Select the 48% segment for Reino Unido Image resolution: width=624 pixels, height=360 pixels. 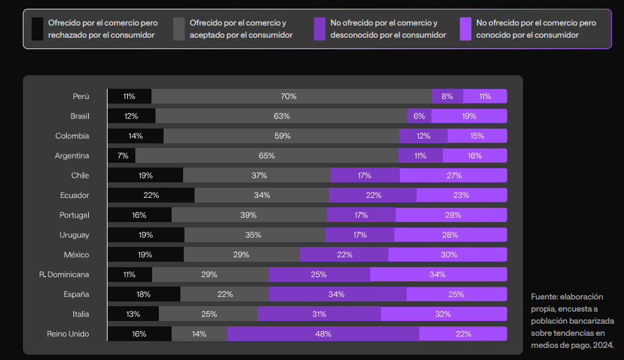(323, 334)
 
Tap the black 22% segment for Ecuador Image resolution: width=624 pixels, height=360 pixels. (151, 195)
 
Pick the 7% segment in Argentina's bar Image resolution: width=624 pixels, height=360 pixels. (122, 155)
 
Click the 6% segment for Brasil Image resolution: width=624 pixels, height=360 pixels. (419, 116)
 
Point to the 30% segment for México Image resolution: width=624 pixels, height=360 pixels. (448, 254)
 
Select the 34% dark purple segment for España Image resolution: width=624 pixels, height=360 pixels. (337, 294)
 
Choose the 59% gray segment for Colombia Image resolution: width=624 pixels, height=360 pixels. (281, 136)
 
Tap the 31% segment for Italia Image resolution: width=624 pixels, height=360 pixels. (319, 314)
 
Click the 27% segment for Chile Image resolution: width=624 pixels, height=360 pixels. (453, 176)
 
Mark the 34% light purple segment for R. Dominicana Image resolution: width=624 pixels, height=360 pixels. (438, 275)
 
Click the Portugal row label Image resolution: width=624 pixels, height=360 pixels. (74, 215)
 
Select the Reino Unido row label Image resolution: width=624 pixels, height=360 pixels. (68, 334)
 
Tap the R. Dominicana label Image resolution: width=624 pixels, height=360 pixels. (64, 275)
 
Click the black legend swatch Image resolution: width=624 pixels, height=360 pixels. (38, 29)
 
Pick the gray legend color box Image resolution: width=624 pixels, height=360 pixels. (179, 29)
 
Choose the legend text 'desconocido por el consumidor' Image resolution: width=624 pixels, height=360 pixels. (388, 35)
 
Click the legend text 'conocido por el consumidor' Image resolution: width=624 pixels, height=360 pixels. (528, 35)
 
